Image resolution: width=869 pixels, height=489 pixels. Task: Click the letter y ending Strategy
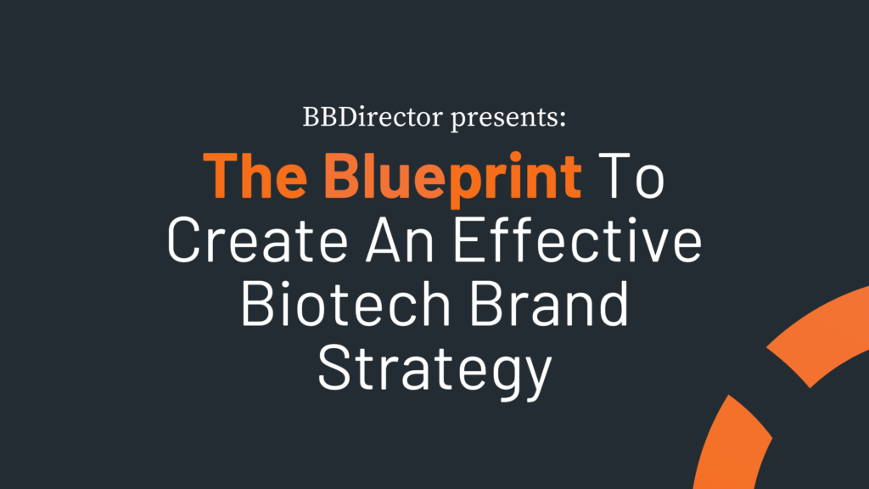point(532,377)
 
